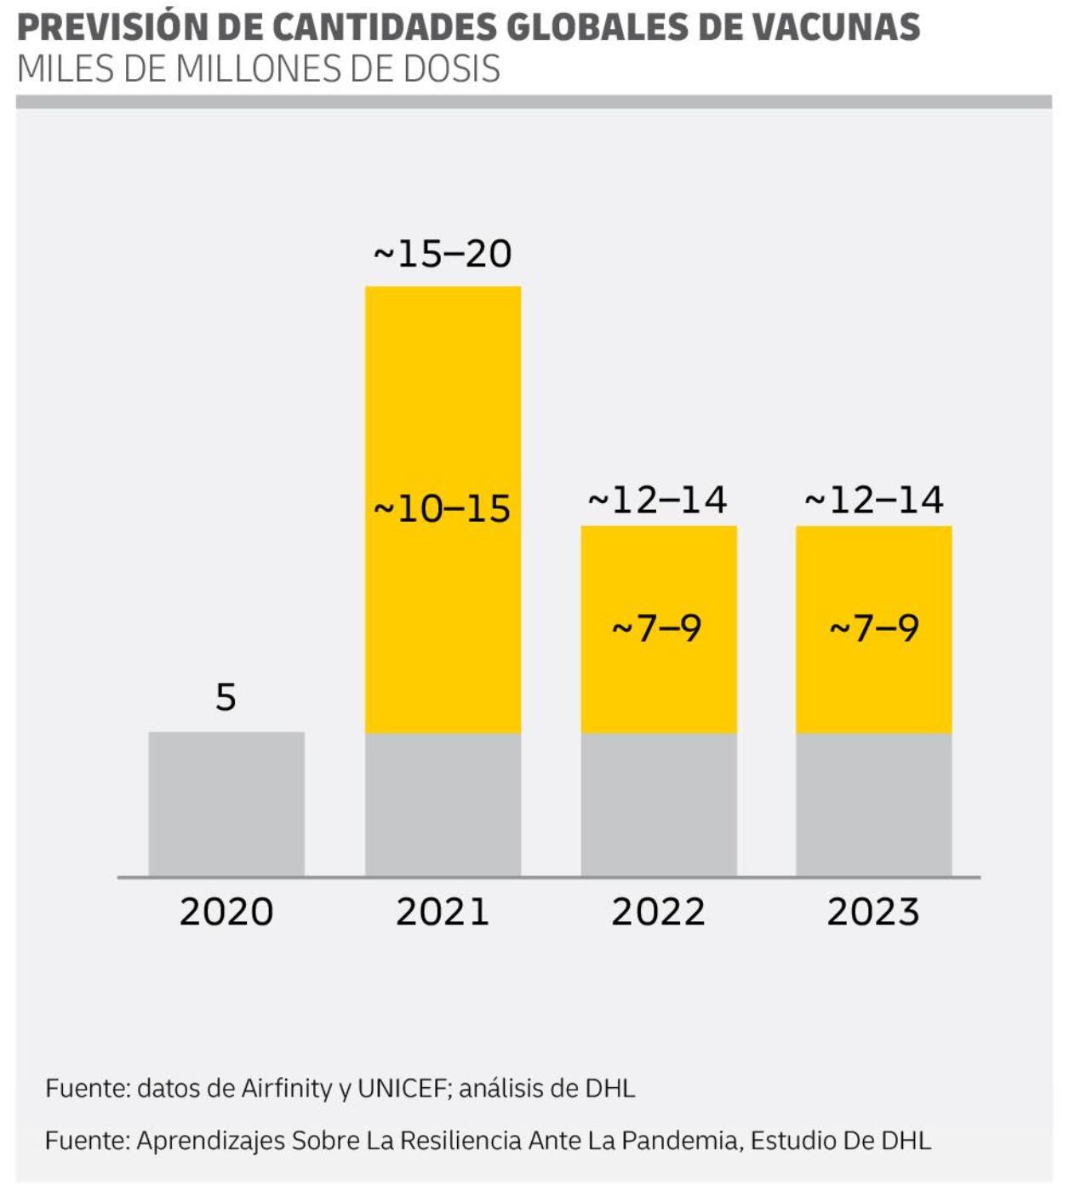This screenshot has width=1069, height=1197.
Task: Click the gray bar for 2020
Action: point(226,804)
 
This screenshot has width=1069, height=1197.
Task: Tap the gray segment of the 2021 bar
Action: point(443,804)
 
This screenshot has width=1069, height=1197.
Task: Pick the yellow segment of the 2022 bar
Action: point(659,579)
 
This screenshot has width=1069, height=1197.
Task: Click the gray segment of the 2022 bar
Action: point(659,804)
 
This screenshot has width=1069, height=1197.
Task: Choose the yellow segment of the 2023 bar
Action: point(873,579)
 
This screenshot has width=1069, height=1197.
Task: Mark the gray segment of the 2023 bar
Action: point(873,804)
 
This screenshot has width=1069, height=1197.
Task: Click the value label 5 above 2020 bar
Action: point(226,697)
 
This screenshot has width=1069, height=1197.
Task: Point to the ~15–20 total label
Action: point(443,254)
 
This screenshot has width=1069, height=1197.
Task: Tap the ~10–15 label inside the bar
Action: point(443,509)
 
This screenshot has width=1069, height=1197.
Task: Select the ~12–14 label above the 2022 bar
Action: point(657,500)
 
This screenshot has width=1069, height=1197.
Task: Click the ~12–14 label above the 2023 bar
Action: point(873,500)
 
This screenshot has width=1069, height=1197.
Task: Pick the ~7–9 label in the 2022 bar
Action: point(657,628)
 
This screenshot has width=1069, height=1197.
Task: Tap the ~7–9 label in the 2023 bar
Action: point(874,628)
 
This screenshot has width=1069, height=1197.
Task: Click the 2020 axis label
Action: point(226,912)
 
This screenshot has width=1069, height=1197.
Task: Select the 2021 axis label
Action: point(443,912)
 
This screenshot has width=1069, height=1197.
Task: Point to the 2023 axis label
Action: point(873,912)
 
